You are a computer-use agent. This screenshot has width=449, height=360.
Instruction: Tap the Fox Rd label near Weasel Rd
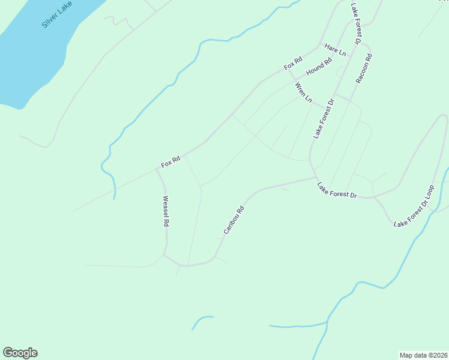tap(171, 162)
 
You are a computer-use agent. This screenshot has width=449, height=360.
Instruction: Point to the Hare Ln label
tap(335, 50)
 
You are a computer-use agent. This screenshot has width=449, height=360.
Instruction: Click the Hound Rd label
tap(319, 67)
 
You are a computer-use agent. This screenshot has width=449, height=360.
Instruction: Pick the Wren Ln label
tap(304, 92)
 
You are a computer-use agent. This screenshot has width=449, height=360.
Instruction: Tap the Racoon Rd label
tap(364, 68)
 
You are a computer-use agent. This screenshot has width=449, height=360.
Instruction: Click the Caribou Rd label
tap(234, 220)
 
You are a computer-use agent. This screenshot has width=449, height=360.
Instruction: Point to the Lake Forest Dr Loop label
tap(414, 206)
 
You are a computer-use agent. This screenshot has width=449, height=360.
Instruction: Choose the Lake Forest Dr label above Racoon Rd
tap(355, 23)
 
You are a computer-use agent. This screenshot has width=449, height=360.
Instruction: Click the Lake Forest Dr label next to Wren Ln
tap(323, 119)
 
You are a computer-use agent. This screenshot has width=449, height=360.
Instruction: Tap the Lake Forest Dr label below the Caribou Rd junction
tap(337, 191)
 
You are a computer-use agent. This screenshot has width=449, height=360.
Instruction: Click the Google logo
tap(20, 353)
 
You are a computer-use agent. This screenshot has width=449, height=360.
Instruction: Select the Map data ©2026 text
tap(423, 355)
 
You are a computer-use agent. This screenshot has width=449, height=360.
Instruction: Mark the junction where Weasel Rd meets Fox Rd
tap(157, 169)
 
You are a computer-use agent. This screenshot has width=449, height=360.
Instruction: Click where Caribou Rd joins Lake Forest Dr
tap(315, 178)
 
